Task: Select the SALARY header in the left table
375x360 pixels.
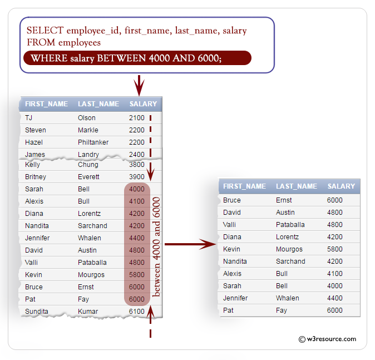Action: point(143,104)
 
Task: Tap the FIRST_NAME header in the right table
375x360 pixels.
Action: point(244,186)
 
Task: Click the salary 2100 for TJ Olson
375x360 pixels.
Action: point(136,118)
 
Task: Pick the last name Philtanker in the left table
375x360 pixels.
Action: point(93,142)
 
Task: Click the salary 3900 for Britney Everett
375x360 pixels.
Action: point(136,177)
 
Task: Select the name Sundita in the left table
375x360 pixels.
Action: point(37,312)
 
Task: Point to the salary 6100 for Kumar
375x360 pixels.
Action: point(136,312)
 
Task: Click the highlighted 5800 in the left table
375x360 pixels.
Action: point(136,275)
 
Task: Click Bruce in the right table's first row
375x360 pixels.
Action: point(232,200)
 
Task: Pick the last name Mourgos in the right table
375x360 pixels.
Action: point(289,249)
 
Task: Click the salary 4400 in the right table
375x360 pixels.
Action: point(335,298)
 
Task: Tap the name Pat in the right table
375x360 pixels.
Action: point(228,310)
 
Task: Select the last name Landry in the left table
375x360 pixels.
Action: point(88,155)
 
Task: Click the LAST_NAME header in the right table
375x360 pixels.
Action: point(297,186)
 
